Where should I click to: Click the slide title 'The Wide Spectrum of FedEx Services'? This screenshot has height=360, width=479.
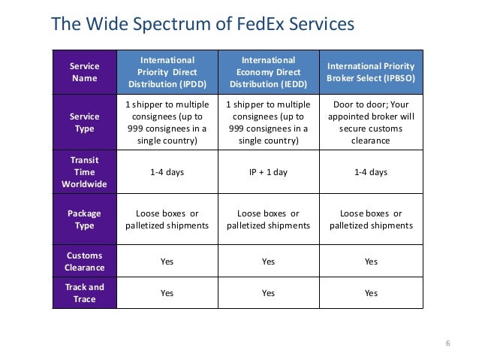[x=201, y=24]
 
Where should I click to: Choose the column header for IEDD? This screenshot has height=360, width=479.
[x=268, y=71]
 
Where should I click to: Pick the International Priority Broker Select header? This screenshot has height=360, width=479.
[x=371, y=71]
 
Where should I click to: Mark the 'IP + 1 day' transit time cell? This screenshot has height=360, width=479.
[x=268, y=172]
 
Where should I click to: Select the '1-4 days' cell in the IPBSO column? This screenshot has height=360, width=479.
[x=371, y=172]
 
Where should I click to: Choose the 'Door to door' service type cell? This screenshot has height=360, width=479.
[x=371, y=123]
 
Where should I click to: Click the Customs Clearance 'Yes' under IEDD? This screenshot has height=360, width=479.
[x=268, y=262]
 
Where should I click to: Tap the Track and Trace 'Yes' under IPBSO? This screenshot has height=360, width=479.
[x=371, y=293]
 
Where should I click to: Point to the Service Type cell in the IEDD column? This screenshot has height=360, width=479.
[x=268, y=123]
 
